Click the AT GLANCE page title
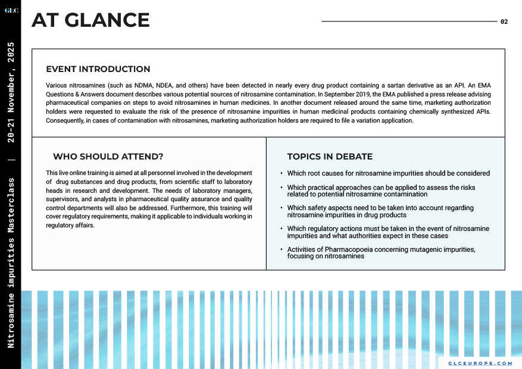pos(90,21)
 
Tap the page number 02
pos(504,21)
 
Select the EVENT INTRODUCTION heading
pos(98,70)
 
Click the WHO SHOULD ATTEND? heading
pos(108,157)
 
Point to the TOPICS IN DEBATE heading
pos(330,157)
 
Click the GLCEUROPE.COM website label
pos(480,362)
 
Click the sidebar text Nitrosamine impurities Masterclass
pos(11,262)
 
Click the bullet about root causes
pos(388,173)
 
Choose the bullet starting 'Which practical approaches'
pos(381,190)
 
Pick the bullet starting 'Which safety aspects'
pos(380,211)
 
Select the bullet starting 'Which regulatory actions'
pos(388,232)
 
